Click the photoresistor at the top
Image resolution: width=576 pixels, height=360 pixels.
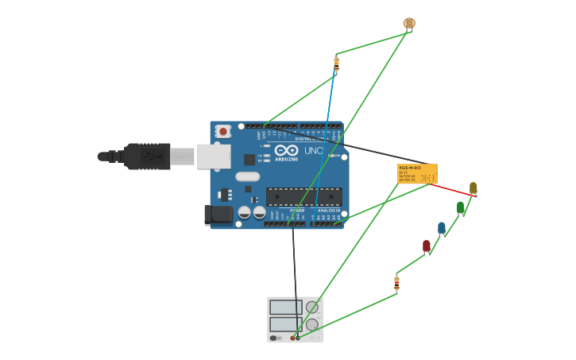409,24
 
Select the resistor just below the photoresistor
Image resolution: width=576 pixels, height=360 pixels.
336,64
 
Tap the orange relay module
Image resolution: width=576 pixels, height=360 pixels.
417,173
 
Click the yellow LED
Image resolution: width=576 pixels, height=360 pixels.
473,188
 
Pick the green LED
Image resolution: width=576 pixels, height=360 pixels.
460,207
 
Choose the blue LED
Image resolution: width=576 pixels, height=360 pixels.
442,228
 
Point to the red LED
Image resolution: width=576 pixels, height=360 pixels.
426,246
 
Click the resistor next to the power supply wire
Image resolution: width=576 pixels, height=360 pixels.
396,283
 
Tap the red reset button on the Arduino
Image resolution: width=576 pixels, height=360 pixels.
223,131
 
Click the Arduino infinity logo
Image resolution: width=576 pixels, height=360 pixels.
285,150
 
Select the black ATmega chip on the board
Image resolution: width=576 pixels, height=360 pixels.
304,196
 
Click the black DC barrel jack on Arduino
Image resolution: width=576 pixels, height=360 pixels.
218,214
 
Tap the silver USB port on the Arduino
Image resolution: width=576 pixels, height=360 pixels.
214,157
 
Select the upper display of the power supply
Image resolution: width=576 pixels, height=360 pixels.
285,307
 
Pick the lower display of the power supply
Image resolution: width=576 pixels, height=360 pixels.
285,324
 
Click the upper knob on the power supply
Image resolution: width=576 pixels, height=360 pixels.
312,307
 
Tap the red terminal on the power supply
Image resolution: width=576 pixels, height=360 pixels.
292,338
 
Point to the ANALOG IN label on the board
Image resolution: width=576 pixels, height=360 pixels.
328,211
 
